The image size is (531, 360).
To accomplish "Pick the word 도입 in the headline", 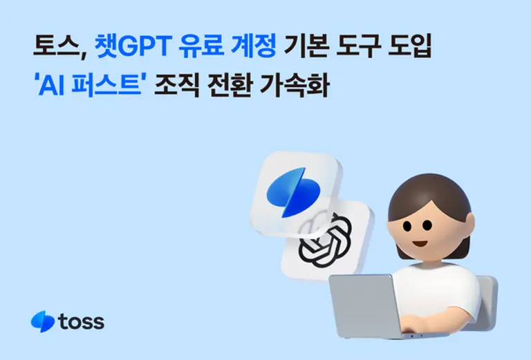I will (415, 49).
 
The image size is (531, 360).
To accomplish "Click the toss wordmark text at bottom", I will (82, 321).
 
